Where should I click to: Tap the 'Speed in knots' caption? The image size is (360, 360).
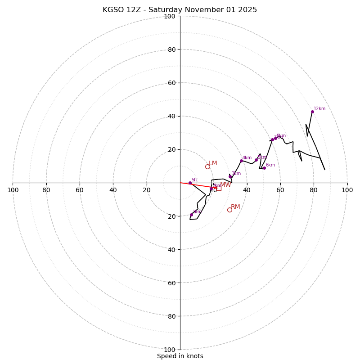(180, 356)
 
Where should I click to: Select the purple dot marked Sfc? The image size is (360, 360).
(190, 183)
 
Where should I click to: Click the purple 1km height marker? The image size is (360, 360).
(191, 215)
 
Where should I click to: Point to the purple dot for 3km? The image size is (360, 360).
(230, 177)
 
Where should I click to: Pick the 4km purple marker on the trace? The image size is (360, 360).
(241, 161)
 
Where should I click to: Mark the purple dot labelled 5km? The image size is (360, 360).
(256, 160)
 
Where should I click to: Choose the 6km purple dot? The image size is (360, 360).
(264, 168)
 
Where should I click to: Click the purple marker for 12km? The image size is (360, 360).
(312, 112)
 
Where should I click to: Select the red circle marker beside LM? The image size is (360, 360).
(207, 166)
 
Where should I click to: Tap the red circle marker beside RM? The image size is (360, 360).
(229, 210)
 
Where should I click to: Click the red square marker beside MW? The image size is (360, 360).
(218, 188)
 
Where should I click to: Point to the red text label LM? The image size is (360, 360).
(213, 163)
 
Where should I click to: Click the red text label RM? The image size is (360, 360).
(235, 207)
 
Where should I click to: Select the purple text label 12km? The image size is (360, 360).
(319, 108)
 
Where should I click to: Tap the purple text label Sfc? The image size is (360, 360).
(194, 180)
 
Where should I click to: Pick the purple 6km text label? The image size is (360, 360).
(270, 165)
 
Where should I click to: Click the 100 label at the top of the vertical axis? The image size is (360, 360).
(169, 16)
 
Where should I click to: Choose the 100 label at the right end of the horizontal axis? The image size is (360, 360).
(347, 190)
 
